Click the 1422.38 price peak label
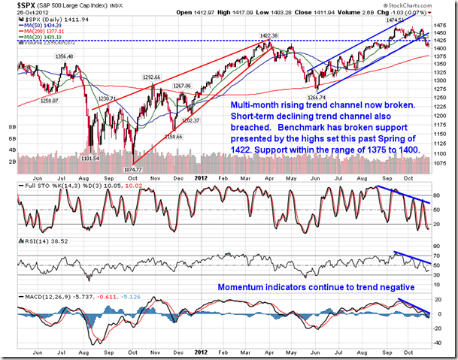263,35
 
